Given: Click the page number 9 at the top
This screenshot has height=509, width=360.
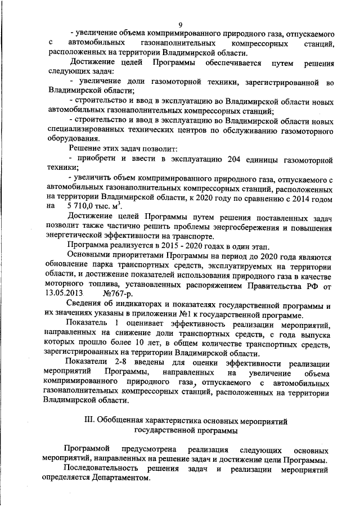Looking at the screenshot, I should (x=180, y=25).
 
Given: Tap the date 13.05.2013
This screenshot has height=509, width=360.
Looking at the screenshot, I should (x=64, y=293).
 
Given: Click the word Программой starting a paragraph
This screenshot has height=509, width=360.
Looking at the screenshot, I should (x=88, y=451).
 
